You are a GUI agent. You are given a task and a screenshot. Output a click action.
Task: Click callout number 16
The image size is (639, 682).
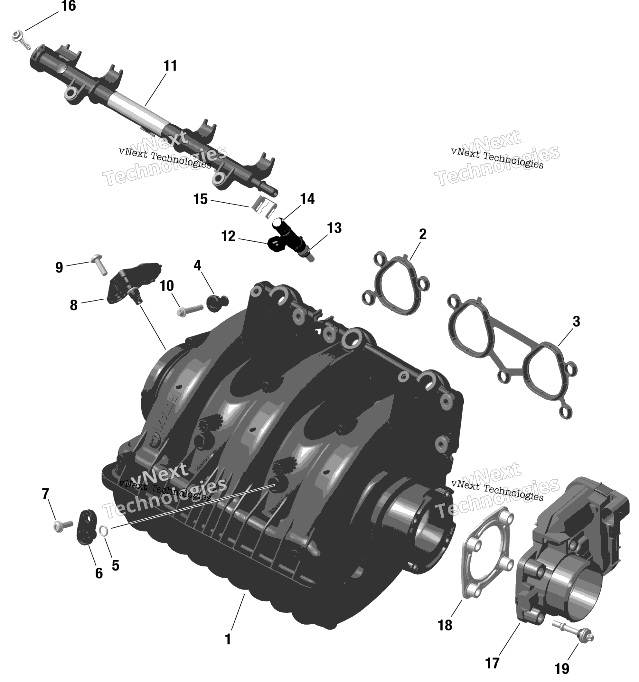68,6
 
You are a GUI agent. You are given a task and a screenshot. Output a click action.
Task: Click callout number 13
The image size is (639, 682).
334,228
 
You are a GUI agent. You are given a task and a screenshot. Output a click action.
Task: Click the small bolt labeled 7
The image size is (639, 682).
62,525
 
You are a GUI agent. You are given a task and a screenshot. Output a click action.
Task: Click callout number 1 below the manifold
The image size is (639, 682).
228,639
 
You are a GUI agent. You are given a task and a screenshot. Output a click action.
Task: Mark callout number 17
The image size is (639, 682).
492,663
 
